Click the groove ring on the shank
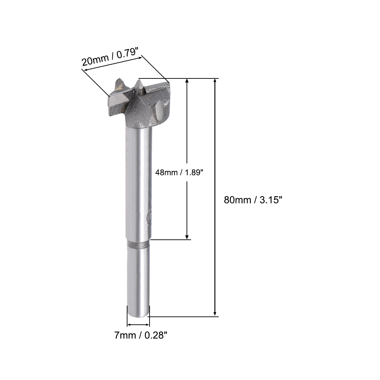point(138,245)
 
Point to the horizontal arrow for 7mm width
point(138,325)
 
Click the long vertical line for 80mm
point(216,155)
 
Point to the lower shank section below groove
point(138,280)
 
